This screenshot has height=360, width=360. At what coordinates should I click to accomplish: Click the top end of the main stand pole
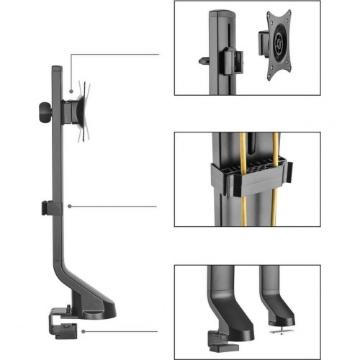56,69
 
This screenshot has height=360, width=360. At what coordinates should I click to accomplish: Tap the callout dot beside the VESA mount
71,91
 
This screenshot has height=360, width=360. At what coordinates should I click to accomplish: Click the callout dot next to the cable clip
69,207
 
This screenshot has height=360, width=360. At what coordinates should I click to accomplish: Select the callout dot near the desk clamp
84,332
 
